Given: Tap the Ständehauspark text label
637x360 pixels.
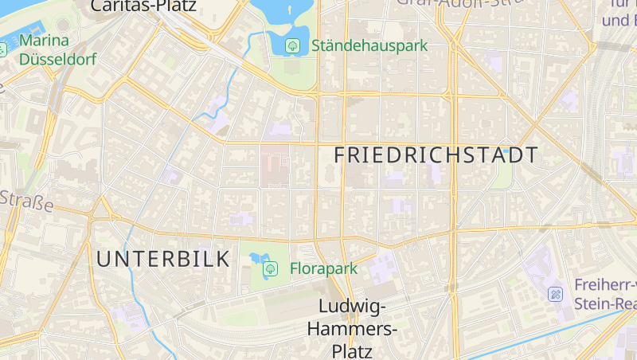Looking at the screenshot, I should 369,46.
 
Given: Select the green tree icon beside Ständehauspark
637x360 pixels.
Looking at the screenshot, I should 293,46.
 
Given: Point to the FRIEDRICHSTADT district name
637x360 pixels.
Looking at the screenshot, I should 436,155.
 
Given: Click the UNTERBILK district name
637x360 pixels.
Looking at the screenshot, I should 163,259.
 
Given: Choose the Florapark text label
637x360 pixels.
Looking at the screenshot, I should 323,268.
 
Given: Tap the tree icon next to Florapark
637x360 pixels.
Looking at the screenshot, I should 270,269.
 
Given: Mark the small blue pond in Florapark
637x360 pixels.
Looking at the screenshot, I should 256,258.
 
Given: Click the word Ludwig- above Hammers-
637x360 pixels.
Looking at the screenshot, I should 352,307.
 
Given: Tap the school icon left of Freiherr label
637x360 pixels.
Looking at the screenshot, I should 556,295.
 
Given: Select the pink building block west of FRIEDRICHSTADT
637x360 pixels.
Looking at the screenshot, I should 276,165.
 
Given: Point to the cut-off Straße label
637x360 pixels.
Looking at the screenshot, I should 26,202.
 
